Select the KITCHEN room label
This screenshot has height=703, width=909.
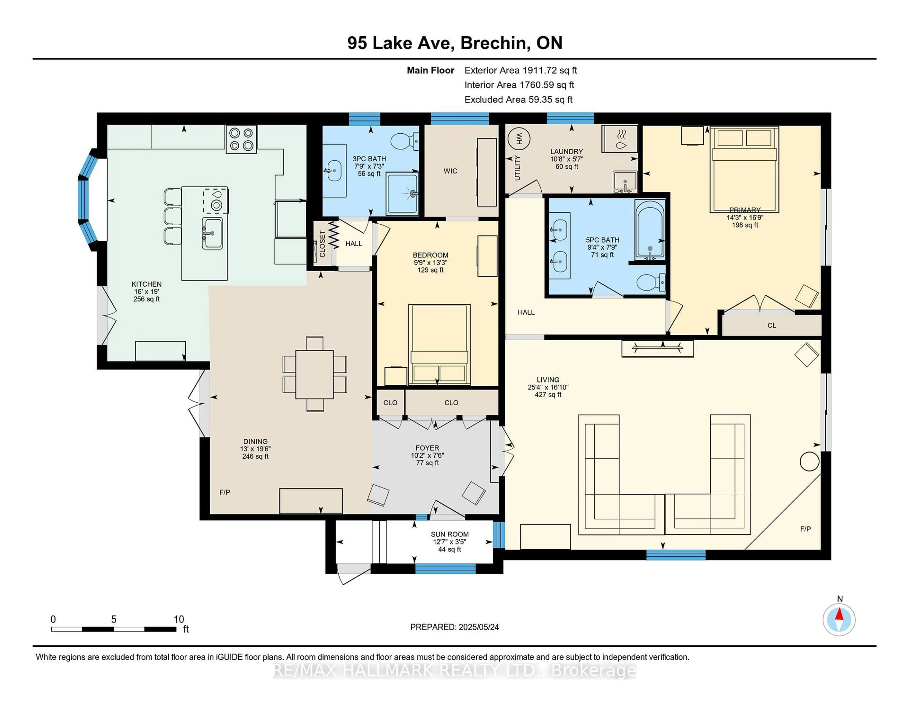coord(147,284)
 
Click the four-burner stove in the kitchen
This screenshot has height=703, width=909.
coord(241,139)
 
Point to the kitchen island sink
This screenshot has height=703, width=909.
coord(212,233)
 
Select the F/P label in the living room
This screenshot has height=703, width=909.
coord(805,529)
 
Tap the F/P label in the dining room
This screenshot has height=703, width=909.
coord(225,492)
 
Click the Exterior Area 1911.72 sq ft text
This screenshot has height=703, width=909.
coord(520,70)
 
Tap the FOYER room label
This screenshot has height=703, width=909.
coord(427,448)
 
